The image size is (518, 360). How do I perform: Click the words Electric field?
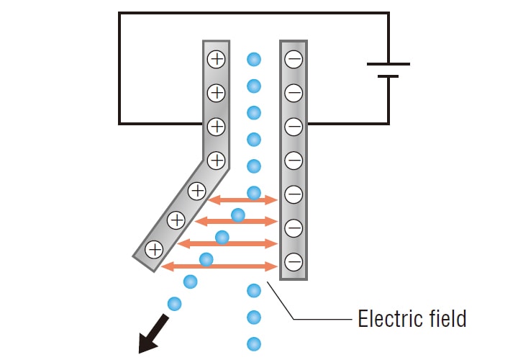point(412,318)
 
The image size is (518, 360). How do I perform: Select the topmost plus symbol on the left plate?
point(217,59)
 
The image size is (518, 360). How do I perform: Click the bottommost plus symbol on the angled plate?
point(154,250)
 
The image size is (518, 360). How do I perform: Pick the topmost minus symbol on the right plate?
point(294,59)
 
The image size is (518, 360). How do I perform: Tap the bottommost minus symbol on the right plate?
point(294,261)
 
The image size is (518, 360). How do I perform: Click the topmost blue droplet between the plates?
point(253,59)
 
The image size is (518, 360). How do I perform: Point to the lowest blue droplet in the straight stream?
point(253,343)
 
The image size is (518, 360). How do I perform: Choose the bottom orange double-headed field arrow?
point(219,266)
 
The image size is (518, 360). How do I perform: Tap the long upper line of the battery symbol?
point(388,63)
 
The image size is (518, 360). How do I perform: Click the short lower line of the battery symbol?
point(388,76)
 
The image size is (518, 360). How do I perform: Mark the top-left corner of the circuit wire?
point(119,13)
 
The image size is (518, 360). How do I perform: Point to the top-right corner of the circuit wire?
point(388,13)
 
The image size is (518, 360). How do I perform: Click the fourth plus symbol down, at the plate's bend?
point(217,159)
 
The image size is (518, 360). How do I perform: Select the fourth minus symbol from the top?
point(294,160)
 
